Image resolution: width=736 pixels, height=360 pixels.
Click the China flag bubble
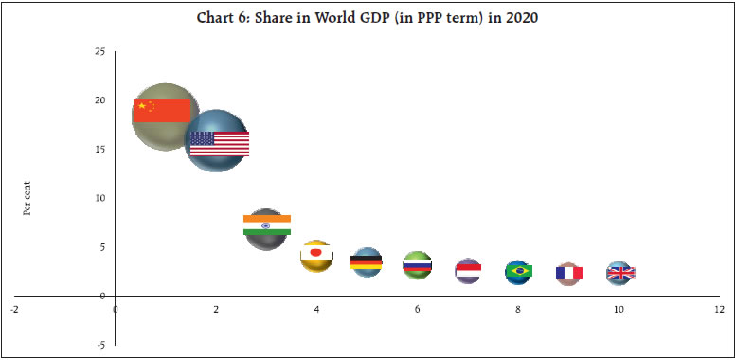tap(165, 117)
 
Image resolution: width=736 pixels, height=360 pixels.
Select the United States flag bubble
tap(217, 141)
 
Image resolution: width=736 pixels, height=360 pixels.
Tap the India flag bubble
tap(266, 228)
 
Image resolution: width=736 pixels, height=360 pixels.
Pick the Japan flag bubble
tap(316, 255)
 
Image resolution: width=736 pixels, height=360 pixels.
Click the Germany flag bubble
tap(367, 261)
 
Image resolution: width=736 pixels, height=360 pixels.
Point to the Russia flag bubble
tap(417, 265)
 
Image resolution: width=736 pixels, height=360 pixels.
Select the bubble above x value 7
tap(468, 271)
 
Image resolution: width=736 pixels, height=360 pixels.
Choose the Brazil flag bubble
tap(518, 272)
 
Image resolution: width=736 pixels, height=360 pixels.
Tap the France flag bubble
tap(568, 273)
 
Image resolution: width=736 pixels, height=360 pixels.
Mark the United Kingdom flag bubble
tap(619, 273)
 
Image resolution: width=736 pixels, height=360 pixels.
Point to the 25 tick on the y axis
tap(99, 51)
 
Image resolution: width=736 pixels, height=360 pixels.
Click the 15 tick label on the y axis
tap(99, 150)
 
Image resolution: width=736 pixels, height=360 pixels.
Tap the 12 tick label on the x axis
tap(719, 309)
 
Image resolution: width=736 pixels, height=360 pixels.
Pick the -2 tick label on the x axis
tap(15, 309)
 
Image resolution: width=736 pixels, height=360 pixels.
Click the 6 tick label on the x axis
tap(417, 309)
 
